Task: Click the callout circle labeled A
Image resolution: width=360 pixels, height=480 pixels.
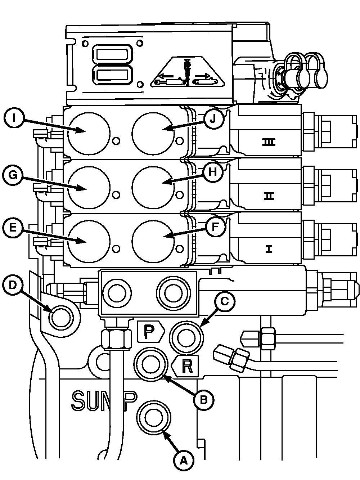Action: coord(184,460)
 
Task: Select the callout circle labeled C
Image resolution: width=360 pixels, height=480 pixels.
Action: coord(224,302)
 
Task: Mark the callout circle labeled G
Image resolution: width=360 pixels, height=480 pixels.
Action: coord(13,175)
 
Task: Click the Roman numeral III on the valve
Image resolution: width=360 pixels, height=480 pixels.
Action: coord(269,143)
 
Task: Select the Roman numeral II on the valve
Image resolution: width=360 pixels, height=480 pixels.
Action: coord(269,196)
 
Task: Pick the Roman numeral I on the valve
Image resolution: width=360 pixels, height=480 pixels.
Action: coord(269,249)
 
